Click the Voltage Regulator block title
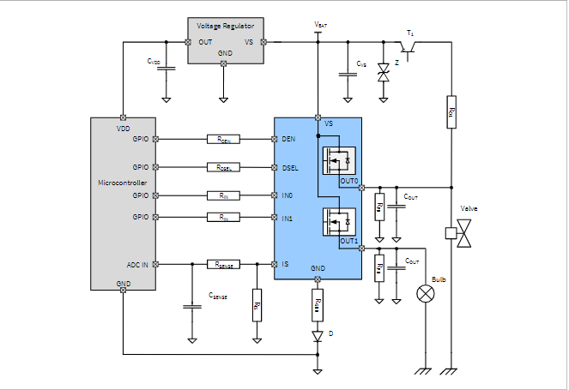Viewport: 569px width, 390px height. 225,27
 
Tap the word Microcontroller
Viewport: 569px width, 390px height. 123,183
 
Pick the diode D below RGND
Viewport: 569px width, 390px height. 318,335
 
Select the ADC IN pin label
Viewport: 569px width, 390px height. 136,264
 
